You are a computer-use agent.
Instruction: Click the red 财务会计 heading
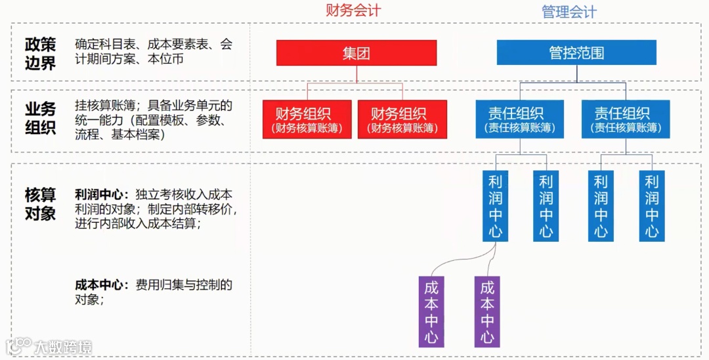click(353, 11)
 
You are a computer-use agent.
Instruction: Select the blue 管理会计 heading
click(569, 12)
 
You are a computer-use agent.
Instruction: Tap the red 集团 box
click(356, 53)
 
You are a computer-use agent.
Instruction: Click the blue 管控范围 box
click(576, 53)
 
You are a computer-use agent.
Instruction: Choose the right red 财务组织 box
click(402, 120)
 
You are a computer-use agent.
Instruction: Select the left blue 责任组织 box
click(516, 120)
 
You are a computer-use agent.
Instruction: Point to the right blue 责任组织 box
click(626, 120)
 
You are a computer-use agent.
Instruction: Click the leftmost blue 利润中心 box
click(496, 206)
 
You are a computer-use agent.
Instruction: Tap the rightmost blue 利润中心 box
click(652, 206)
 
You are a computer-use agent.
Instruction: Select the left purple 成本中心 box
click(431, 312)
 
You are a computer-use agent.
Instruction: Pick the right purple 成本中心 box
click(487, 312)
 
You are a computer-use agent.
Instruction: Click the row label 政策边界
click(41, 54)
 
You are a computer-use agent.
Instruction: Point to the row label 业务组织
click(41, 119)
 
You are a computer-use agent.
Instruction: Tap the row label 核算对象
click(41, 204)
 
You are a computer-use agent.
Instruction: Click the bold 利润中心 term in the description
click(99, 195)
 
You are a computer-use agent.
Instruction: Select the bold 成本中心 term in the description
click(99, 285)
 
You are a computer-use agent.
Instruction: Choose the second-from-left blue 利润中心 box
click(546, 206)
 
